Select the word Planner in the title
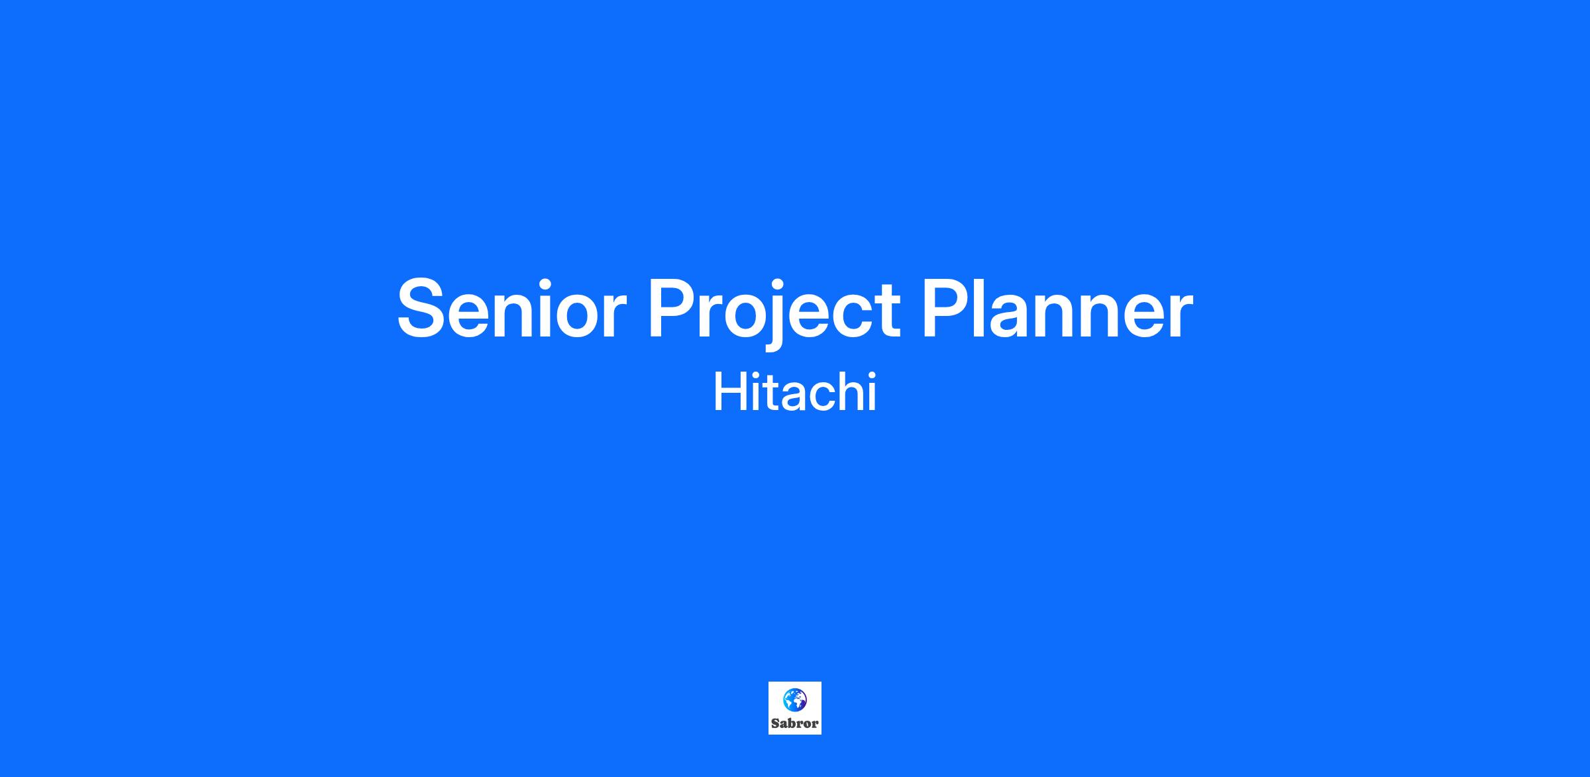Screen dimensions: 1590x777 point(1058,307)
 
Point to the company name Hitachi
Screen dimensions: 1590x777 point(795,391)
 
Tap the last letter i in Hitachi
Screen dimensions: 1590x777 point(873,391)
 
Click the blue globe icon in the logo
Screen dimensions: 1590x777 point(795,699)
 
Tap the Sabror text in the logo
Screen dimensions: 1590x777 point(795,724)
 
